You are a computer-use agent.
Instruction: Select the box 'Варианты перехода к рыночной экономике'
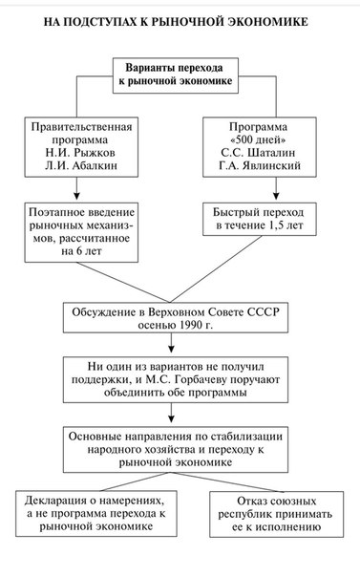[176, 75]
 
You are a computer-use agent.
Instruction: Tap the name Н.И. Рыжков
[80, 152]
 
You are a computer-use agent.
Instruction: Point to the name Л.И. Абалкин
[81, 165]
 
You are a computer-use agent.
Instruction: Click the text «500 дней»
[259, 139]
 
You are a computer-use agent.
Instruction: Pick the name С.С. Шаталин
[258, 152]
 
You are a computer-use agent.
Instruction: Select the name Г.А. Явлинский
[260, 165]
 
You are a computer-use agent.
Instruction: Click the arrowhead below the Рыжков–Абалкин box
[76, 196]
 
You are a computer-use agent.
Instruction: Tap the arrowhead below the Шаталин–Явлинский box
[276, 196]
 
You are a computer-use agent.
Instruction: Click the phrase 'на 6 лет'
[81, 251]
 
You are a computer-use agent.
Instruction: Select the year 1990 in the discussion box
[191, 325]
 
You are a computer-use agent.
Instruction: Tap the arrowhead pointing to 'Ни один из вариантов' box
[171, 348]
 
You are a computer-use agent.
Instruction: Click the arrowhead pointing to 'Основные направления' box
[171, 418]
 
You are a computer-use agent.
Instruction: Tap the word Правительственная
[81, 127]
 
